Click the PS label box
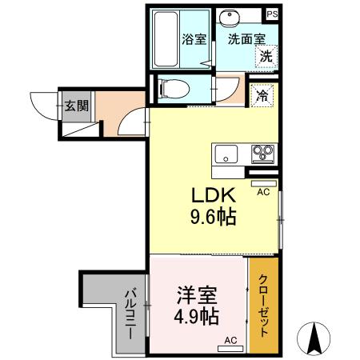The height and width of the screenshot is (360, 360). point(273,14)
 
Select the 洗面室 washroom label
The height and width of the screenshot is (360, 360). point(244,38)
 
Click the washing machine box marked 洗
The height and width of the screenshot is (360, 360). point(263,56)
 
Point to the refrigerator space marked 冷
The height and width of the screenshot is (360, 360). point(262,94)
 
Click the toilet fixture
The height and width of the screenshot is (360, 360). point(172,88)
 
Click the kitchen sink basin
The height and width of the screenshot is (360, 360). point(225,153)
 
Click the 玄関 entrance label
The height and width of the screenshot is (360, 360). point(76,105)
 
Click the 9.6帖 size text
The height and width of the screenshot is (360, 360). point(212,217)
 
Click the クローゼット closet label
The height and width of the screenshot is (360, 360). point(262,305)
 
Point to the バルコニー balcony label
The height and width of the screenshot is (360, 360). point(128,312)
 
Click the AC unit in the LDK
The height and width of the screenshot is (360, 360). point(262,183)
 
